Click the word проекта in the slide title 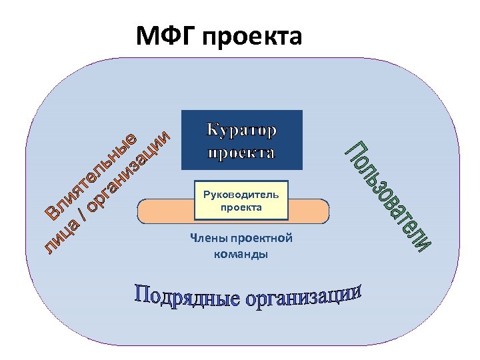pos(251,37)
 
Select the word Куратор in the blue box pos(242,128)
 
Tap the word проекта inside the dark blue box pos(241,153)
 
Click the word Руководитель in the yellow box pos(241,196)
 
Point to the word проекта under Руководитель pos(241,208)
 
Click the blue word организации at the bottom pos(303,298)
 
